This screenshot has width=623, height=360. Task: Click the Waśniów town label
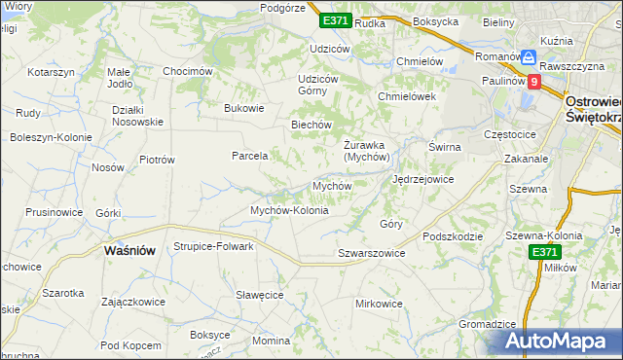pyautogui.click(x=129, y=250)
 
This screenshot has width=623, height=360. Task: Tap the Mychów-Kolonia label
pyautogui.click(x=289, y=210)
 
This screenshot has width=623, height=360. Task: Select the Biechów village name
pyautogui.click(x=312, y=125)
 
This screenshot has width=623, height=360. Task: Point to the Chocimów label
pyautogui.click(x=188, y=71)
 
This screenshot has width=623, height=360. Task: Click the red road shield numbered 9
pyautogui.click(x=534, y=83)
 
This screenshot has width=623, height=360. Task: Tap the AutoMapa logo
pyautogui.click(x=563, y=341)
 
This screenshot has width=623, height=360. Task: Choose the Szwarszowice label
pyautogui.click(x=371, y=253)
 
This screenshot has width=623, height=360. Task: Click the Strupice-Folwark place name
pyautogui.click(x=213, y=246)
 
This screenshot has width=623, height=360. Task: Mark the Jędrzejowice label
pyautogui.click(x=422, y=180)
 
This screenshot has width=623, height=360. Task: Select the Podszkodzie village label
pyautogui.click(x=454, y=235)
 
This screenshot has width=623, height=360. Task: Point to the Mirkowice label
pyautogui.click(x=379, y=304)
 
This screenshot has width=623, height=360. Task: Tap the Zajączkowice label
pyautogui.click(x=132, y=302)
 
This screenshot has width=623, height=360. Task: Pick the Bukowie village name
pyautogui.click(x=244, y=108)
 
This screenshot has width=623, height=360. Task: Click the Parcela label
pyautogui.click(x=249, y=156)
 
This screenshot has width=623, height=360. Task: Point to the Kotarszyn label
pyautogui.click(x=52, y=73)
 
